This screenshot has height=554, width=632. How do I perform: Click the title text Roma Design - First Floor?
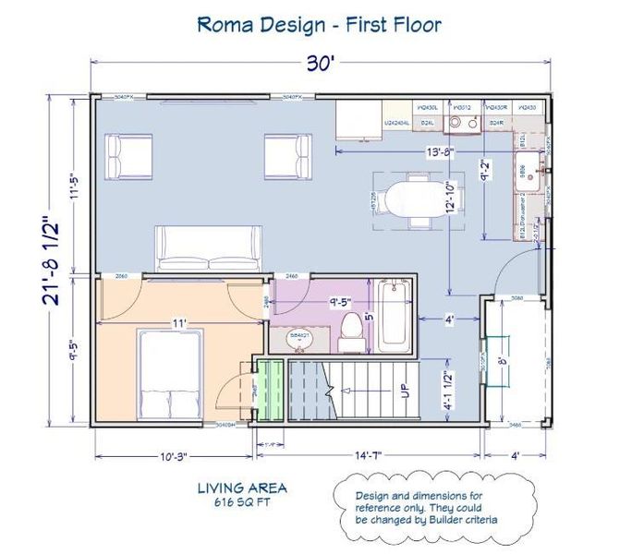pyautogui.click(x=320, y=24)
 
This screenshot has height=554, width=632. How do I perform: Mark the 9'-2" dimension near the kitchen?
pyautogui.click(x=485, y=171)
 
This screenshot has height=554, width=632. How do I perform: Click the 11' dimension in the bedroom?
pyautogui.click(x=179, y=323)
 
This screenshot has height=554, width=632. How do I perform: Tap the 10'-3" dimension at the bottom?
pyautogui.click(x=174, y=455)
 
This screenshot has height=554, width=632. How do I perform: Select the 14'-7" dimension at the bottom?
pyautogui.click(x=367, y=455)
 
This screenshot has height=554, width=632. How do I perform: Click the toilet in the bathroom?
pyautogui.click(x=351, y=331)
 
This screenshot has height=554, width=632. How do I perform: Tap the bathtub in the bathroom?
pyautogui.click(x=394, y=317)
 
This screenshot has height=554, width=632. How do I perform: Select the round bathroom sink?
pyautogui.click(x=298, y=338)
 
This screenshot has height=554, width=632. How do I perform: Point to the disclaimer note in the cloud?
pyautogui.click(x=431, y=508)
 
